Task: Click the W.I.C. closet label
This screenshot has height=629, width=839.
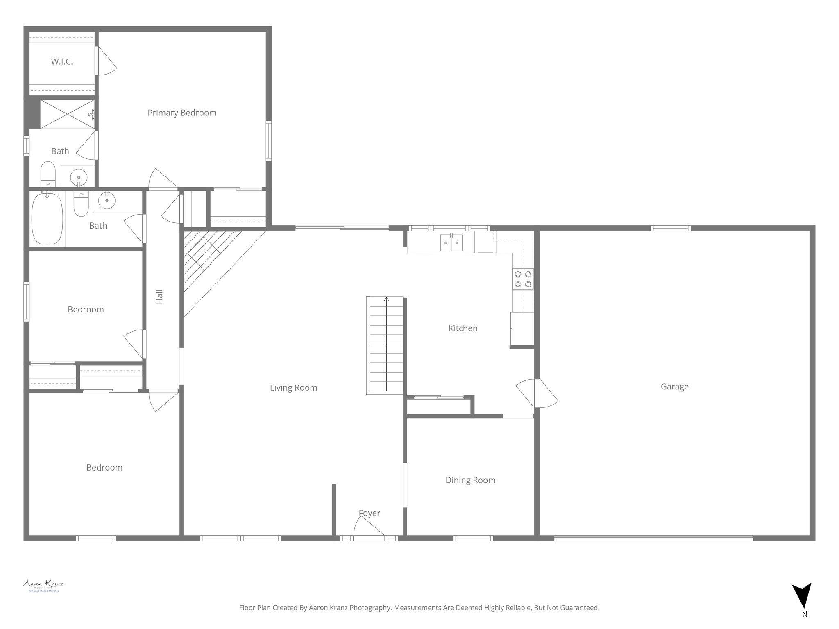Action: (x=62, y=62)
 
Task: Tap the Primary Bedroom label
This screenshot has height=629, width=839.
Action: (x=182, y=113)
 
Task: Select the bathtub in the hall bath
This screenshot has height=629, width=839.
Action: (x=47, y=218)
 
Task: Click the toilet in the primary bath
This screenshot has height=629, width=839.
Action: (x=48, y=173)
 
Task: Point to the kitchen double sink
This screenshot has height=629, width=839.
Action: (x=451, y=242)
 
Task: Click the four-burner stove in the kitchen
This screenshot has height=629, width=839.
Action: (x=523, y=279)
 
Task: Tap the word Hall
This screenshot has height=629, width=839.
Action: (x=160, y=296)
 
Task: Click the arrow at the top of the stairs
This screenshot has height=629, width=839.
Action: (x=386, y=299)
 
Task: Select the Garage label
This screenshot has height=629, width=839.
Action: (x=674, y=387)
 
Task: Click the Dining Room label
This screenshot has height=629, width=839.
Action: (x=470, y=480)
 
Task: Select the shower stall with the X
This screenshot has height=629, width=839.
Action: (x=67, y=114)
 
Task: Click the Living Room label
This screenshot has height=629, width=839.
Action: (x=293, y=388)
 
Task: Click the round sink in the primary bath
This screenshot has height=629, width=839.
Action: (x=78, y=177)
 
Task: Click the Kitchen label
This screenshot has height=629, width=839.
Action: (x=463, y=328)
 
